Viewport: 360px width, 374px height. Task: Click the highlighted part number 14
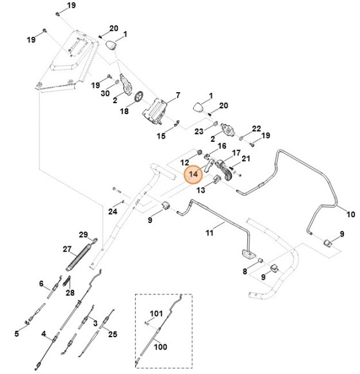pos(193,174)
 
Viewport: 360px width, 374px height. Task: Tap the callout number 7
pos(178,95)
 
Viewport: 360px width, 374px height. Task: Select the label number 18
pos(124,111)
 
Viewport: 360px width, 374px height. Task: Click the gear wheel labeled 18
pos(138,97)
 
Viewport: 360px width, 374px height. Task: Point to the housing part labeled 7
pos(155,112)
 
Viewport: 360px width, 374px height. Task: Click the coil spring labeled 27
pos(79,257)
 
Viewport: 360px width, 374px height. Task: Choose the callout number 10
pos(350,214)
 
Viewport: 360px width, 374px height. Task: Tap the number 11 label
pos(209,232)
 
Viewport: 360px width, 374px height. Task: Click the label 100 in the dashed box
pos(160,346)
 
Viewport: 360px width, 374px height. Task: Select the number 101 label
pos(156,313)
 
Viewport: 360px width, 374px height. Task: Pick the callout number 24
pos(113,212)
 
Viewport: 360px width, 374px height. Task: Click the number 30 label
pos(105,93)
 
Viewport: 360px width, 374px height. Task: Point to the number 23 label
pos(199,131)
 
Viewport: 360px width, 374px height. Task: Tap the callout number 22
pos(256,128)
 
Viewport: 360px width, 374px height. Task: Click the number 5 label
pos(17,333)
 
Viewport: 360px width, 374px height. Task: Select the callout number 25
pos(113,334)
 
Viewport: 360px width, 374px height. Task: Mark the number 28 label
pos(70,292)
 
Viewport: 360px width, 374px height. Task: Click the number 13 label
pos(201,190)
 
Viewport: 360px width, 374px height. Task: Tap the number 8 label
pos(245,271)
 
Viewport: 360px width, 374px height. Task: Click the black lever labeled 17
pos(225,171)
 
